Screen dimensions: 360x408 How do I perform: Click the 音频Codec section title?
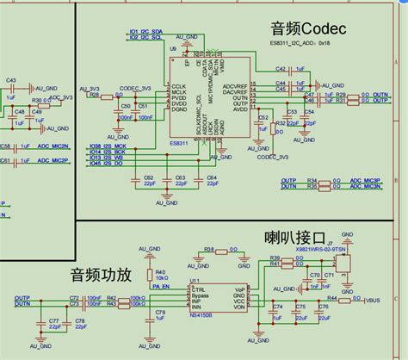point(307,28)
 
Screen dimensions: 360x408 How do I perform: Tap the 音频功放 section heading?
point(101,275)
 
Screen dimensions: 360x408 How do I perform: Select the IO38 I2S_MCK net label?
point(108,147)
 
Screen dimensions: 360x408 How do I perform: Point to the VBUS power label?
point(372,301)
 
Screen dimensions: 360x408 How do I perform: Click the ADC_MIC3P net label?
point(364,179)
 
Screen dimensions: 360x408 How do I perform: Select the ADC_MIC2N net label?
point(53,160)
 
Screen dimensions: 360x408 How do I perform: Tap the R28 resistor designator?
point(94,94)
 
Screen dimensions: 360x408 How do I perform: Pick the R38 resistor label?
point(209,248)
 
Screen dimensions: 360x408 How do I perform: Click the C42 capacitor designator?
point(281,68)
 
